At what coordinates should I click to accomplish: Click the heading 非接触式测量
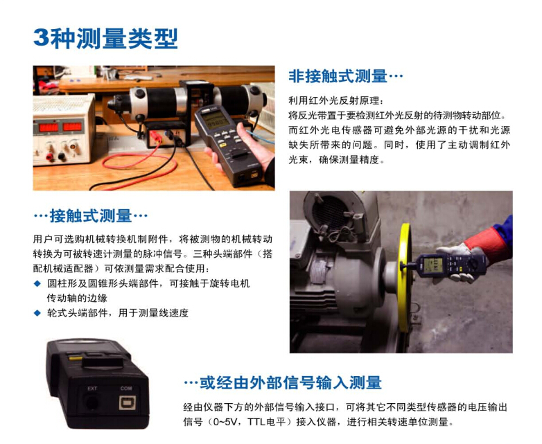click(x=338, y=76)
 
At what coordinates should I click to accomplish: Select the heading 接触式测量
click(x=91, y=215)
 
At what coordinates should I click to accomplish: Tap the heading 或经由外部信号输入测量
click(x=290, y=382)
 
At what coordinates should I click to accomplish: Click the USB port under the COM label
click(x=127, y=402)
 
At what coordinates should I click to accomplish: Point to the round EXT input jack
click(x=91, y=402)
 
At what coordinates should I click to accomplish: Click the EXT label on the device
click(x=92, y=389)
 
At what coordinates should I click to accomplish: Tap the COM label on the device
click(x=126, y=388)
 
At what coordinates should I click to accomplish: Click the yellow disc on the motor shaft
click(x=404, y=272)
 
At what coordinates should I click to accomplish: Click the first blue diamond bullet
click(x=37, y=284)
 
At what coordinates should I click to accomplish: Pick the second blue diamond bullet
click(x=37, y=313)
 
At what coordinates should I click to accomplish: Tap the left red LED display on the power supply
click(x=49, y=128)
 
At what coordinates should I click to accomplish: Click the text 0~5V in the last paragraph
click(x=224, y=422)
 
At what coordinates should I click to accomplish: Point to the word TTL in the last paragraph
click(x=256, y=422)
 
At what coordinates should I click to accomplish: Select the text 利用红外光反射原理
click(x=334, y=100)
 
